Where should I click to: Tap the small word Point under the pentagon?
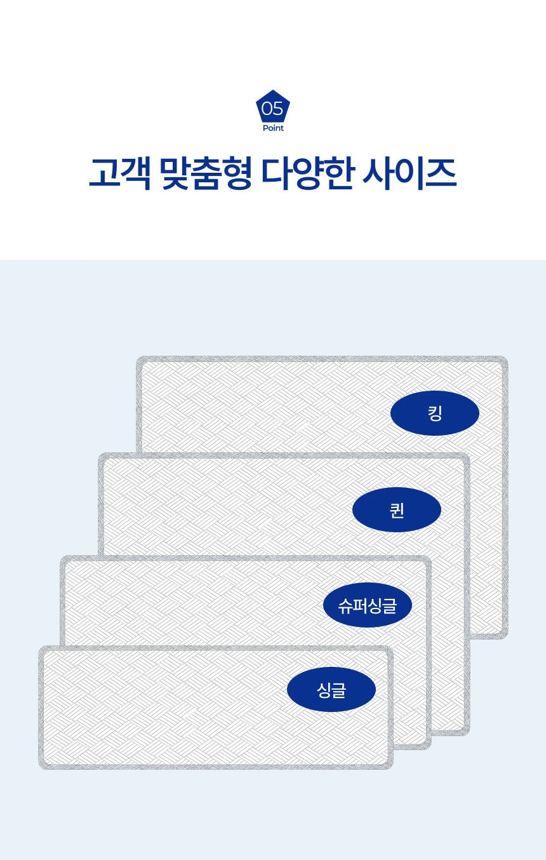point(273,128)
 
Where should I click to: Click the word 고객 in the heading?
point(119,173)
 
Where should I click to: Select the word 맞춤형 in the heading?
point(204,173)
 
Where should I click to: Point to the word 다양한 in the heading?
point(307,173)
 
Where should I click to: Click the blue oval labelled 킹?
point(435,413)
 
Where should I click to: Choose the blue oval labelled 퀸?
point(397,510)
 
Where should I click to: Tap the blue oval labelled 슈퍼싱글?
point(368,605)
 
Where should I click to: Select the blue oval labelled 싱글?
point(331,690)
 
